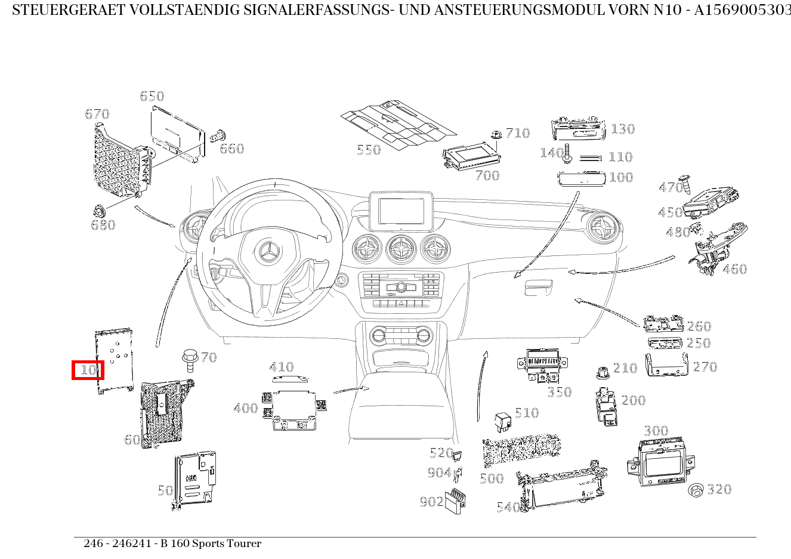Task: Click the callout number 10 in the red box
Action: pyautogui.click(x=88, y=370)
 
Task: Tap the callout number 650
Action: pyautogui.click(x=152, y=96)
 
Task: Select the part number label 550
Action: pyautogui.click(x=369, y=150)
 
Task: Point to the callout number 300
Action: pyautogui.click(x=656, y=431)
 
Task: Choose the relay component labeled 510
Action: pyautogui.click(x=502, y=421)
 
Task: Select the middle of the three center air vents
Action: pyautogui.click(x=401, y=249)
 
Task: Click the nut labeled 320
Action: pyautogui.click(x=696, y=490)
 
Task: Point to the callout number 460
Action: pyautogui.click(x=734, y=269)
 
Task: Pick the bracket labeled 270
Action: pyautogui.click(x=667, y=365)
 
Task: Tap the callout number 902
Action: pyautogui.click(x=431, y=502)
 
